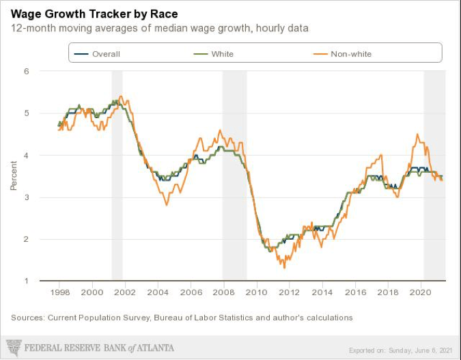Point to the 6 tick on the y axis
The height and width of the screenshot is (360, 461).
pos(25,71)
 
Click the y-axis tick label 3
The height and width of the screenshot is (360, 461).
pos(25,197)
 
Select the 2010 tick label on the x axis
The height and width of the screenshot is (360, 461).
pos(256,293)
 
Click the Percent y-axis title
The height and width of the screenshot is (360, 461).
pos(13,176)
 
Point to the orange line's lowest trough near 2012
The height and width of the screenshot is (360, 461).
pos(284,267)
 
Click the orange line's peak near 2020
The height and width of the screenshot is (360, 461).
pos(417,134)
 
